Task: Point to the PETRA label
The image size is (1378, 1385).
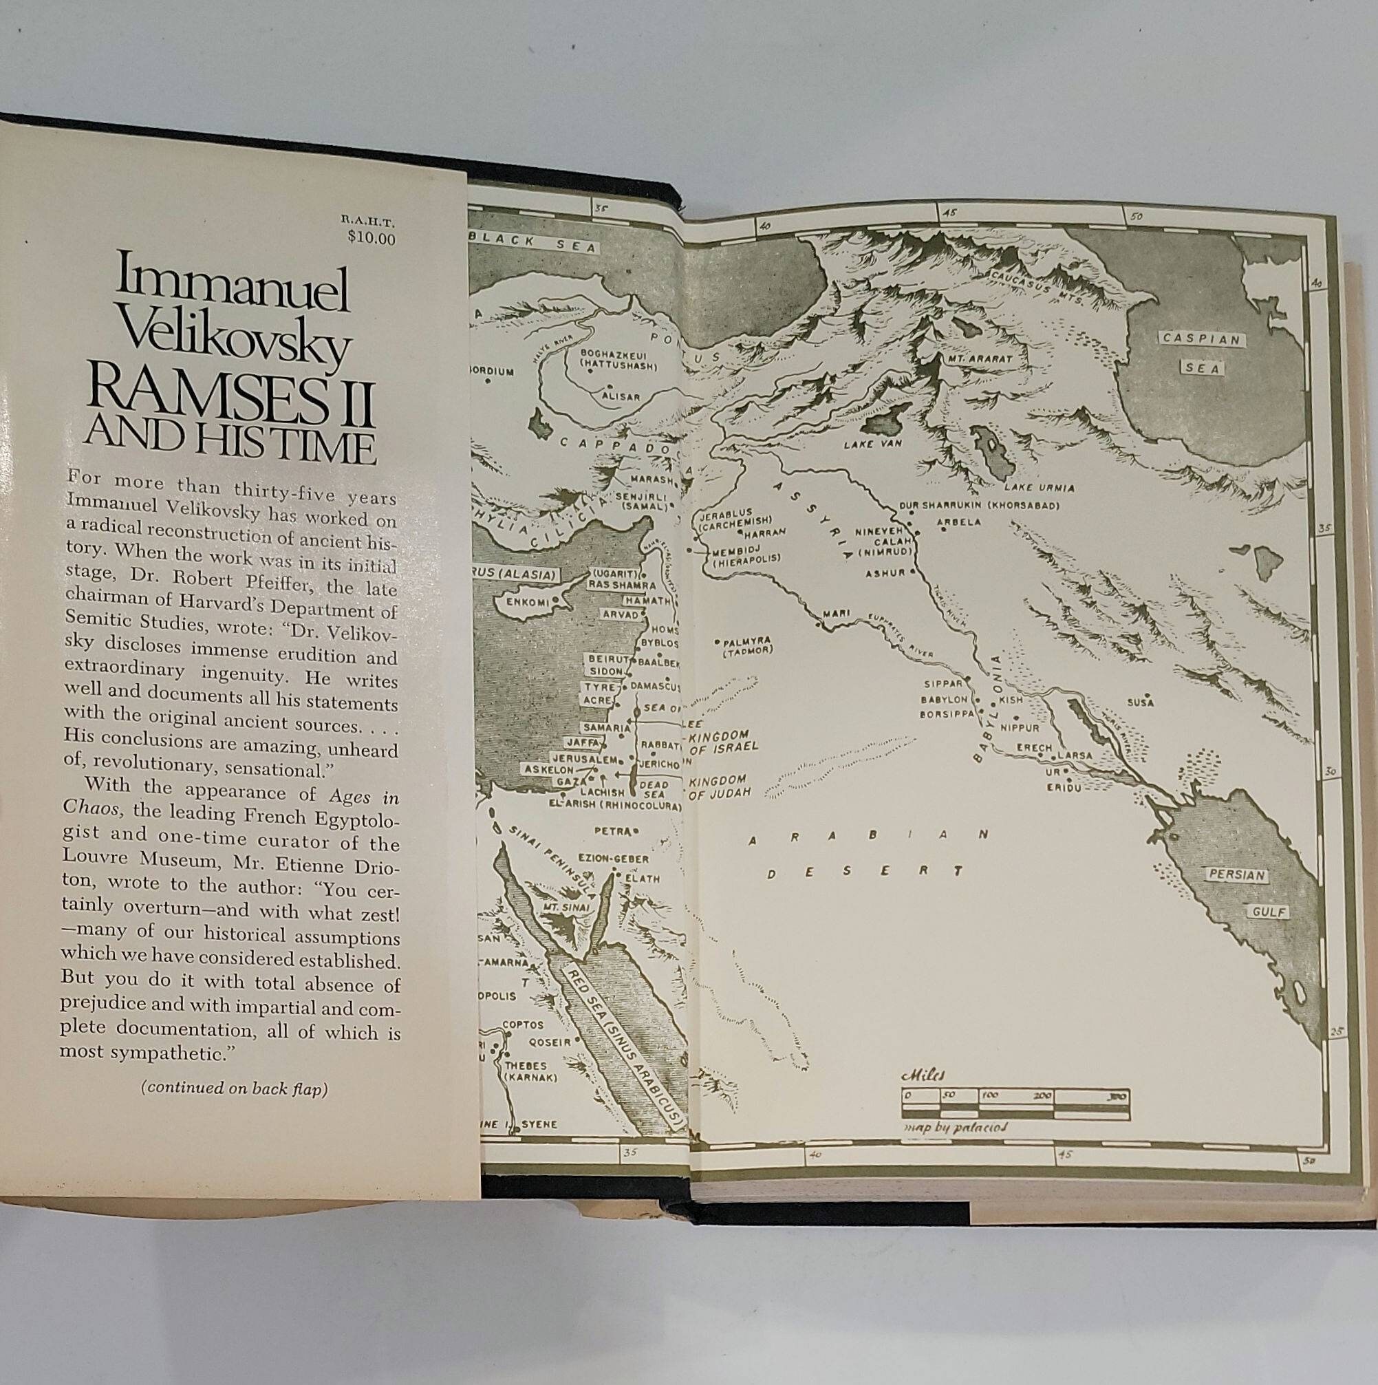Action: [x=612, y=831]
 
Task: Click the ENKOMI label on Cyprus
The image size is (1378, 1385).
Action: [x=527, y=601]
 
